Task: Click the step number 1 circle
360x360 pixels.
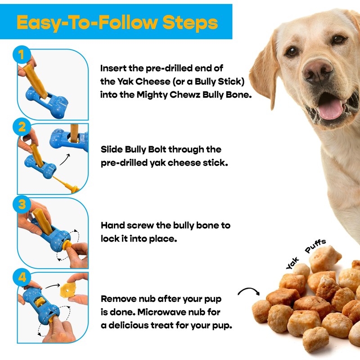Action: (19, 56)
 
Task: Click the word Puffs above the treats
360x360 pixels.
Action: (316, 247)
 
